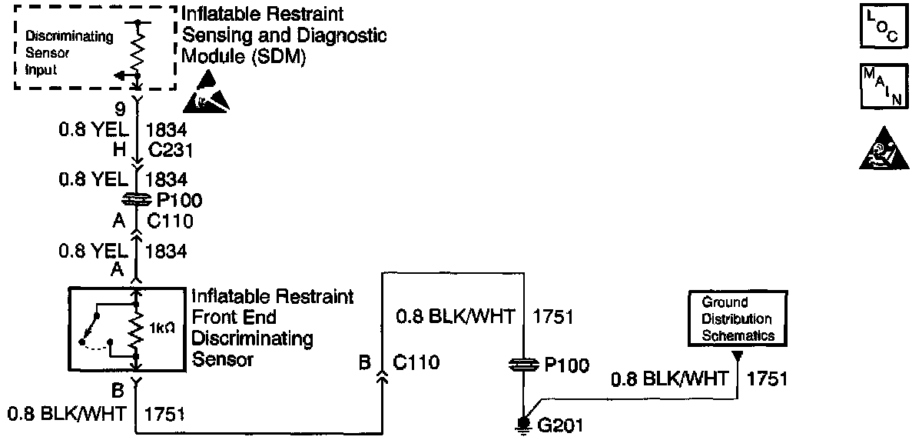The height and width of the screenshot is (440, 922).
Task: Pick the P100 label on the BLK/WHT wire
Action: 566,367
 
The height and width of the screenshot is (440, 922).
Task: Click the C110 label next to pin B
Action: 416,362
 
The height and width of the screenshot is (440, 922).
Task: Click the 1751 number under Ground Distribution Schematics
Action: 767,379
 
